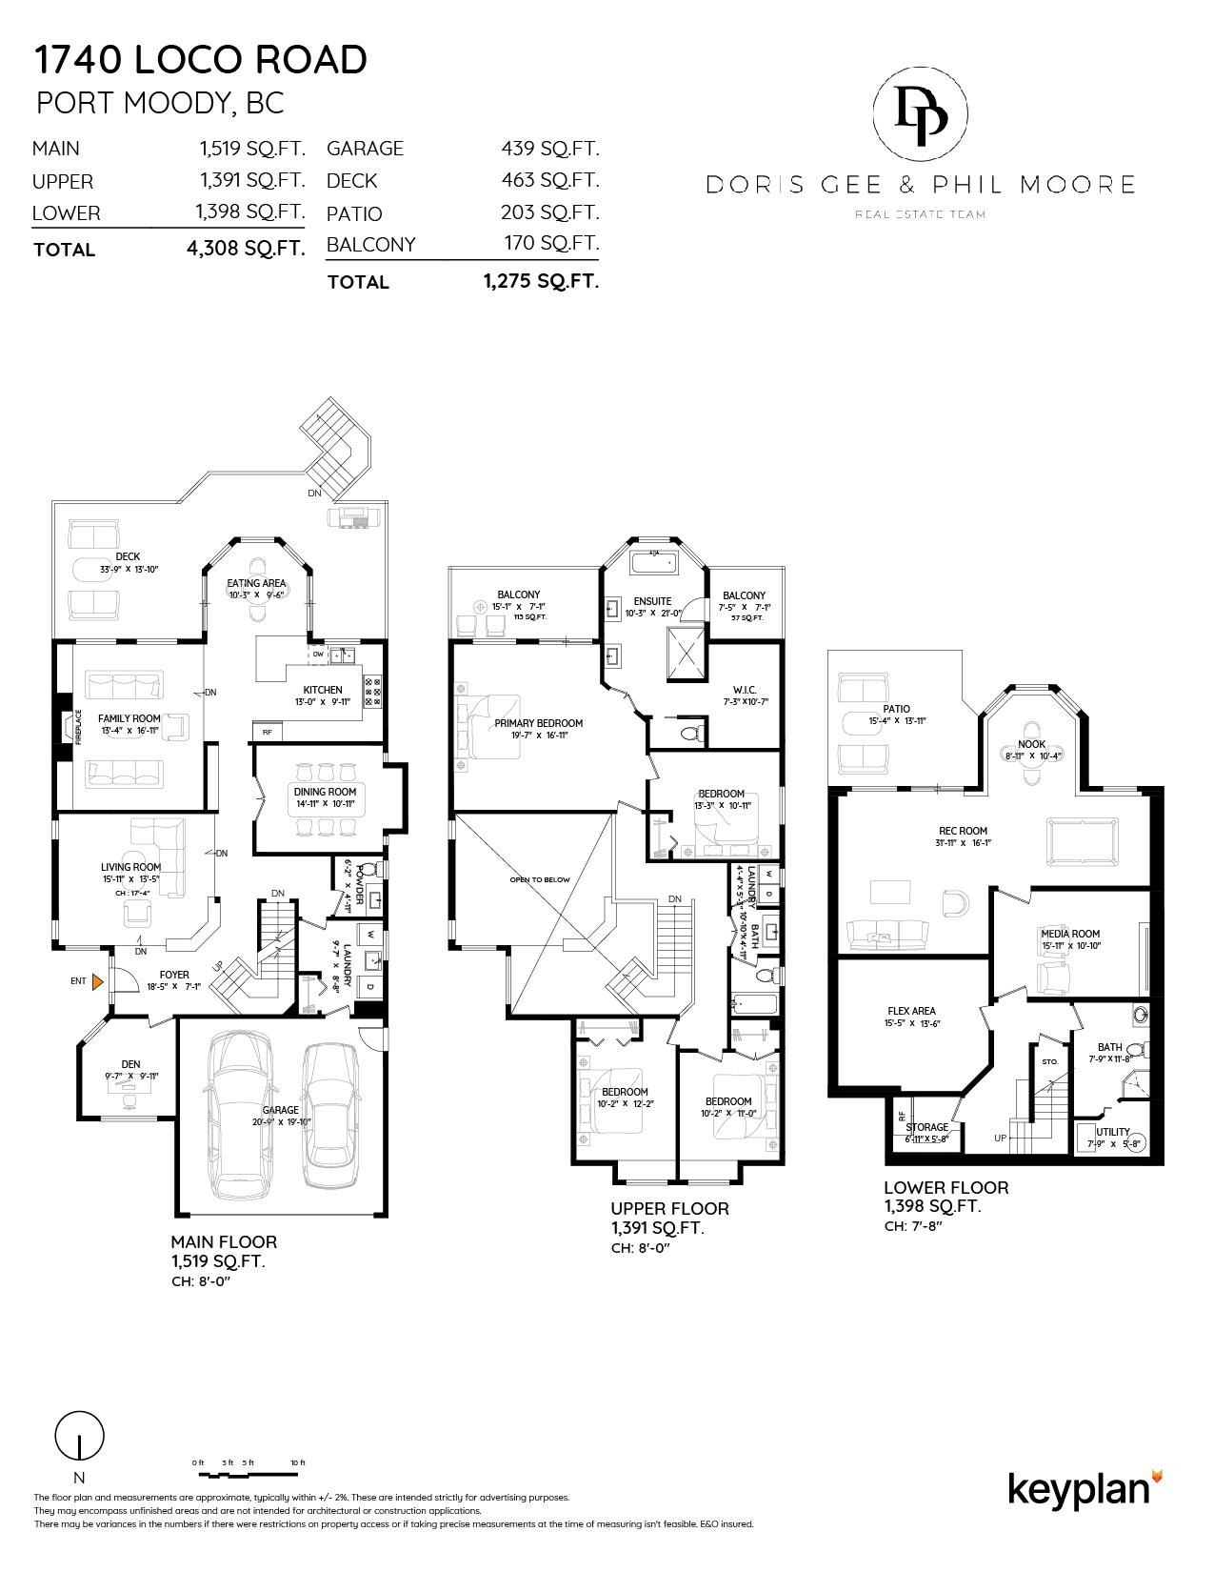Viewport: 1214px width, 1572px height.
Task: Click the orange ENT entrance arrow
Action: (x=97, y=981)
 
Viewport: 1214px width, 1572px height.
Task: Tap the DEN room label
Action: (x=130, y=1064)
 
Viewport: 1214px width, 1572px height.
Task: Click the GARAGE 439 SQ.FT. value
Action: (x=549, y=149)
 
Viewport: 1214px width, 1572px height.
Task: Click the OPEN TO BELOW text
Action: (x=540, y=879)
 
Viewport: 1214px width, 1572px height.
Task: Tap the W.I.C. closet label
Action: (x=745, y=689)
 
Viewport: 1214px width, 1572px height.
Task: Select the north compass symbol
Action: (x=80, y=1436)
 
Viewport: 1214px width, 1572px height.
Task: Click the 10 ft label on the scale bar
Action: (x=297, y=1462)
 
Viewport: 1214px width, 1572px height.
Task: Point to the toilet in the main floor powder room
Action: (x=377, y=870)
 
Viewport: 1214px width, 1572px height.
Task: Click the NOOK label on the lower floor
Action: (x=1031, y=744)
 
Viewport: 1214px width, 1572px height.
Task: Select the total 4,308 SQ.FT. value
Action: (x=246, y=250)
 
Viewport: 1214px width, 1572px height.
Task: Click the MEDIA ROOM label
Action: (x=1070, y=934)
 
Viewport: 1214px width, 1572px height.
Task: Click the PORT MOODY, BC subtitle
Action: (x=160, y=103)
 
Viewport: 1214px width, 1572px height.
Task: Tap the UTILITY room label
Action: (x=1112, y=1132)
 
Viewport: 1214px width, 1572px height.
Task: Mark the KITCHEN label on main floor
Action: (x=323, y=690)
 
